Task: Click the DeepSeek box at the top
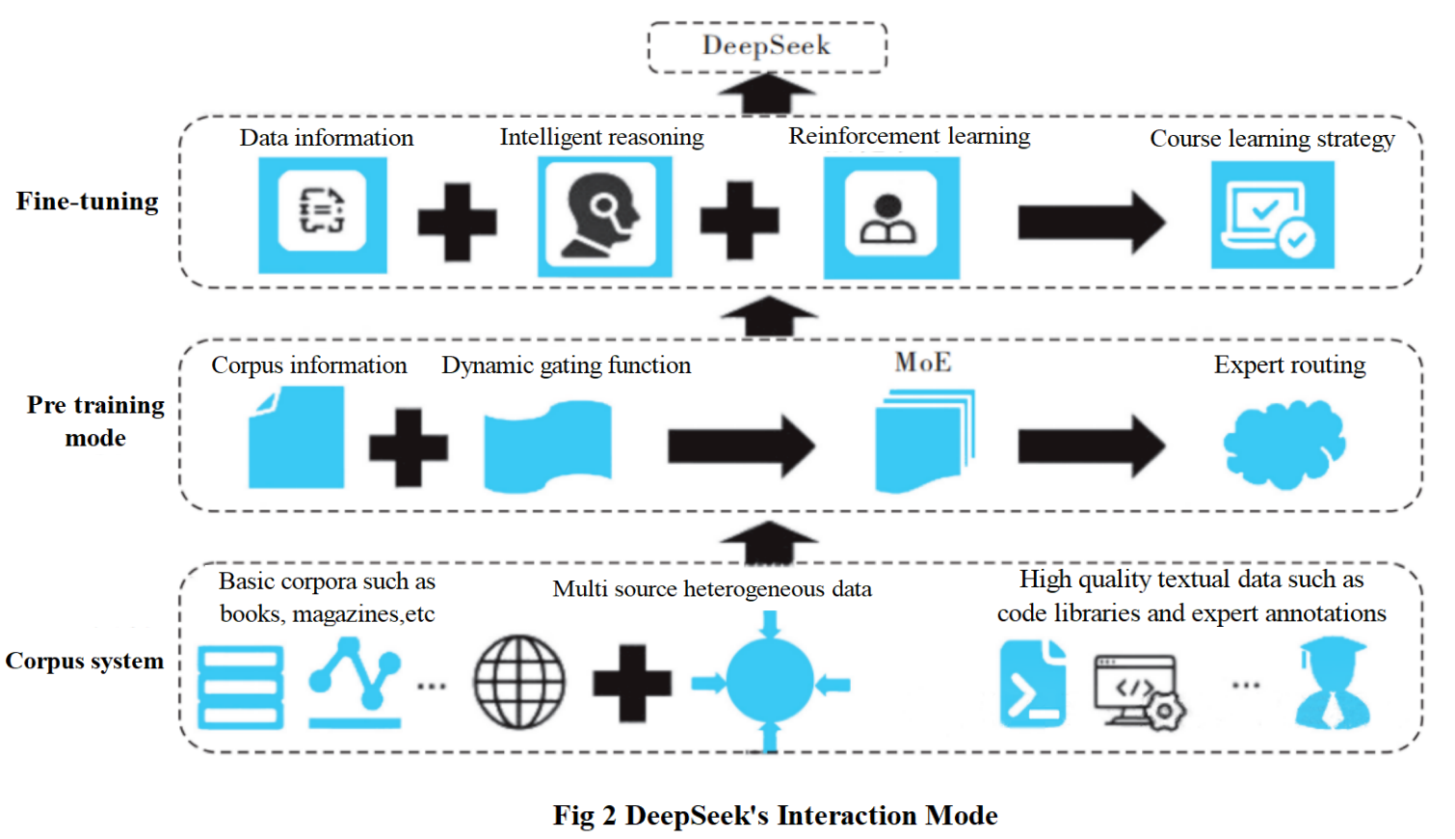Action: pyautogui.click(x=766, y=46)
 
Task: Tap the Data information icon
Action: pyautogui.click(x=323, y=214)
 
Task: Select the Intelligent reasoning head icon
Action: pyautogui.click(x=604, y=216)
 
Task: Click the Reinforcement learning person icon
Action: pyautogui.click(x=891, y=218)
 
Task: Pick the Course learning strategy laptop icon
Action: pyautogui.click(x=1272, y=215)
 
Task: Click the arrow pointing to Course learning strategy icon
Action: pyautogui.click(x=1091, y=222)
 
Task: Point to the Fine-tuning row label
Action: pyautogui.click(x=88, y=202)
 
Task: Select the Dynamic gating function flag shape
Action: pyautogui.click(x=547, y=447)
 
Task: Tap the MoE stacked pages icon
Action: pyautogui.click(x=924, y=440)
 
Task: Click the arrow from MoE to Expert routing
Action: pyautogui.click(x=1091, y=446)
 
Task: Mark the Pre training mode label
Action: pyautogui.click(x=95, y=420)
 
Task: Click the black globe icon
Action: pyautogui.click(x=519, y=682)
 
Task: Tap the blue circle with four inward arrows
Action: pyautogui.click(x=770, y=682)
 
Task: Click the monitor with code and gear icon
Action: pyautogui.click(x=1139, y=690)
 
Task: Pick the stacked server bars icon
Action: pyautogui.click(x=241, y=687)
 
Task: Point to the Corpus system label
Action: pyautogui.click(x=85, y=662)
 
